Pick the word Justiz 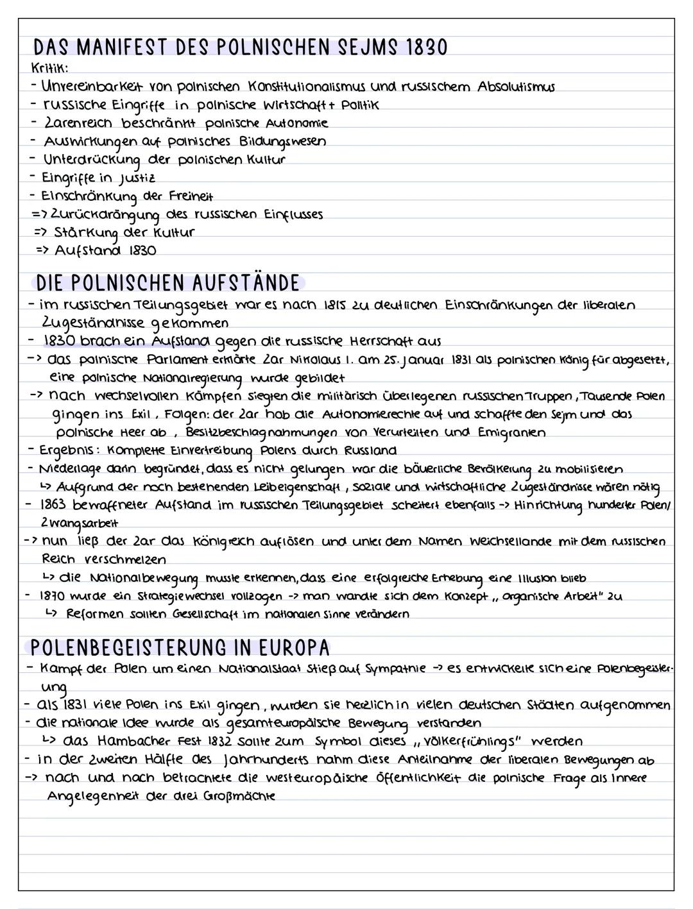click(x=137, y=178)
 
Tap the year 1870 click(x=53, y=596)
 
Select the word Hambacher click(x=133, y=741)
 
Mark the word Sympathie click(x=396, y=668)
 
